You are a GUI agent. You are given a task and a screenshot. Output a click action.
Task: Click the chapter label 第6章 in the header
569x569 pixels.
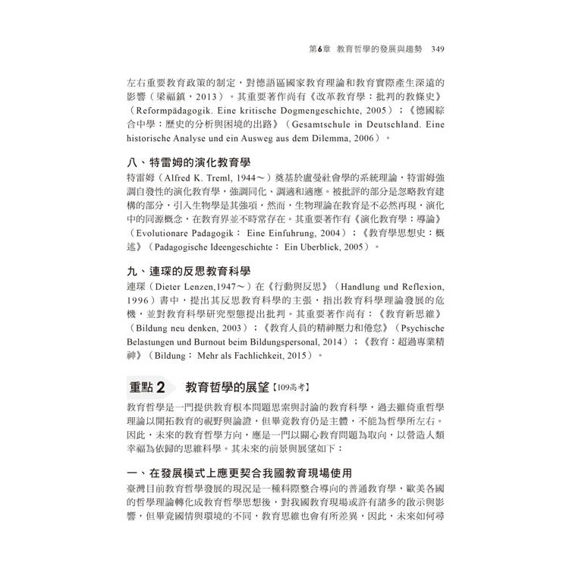302,49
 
